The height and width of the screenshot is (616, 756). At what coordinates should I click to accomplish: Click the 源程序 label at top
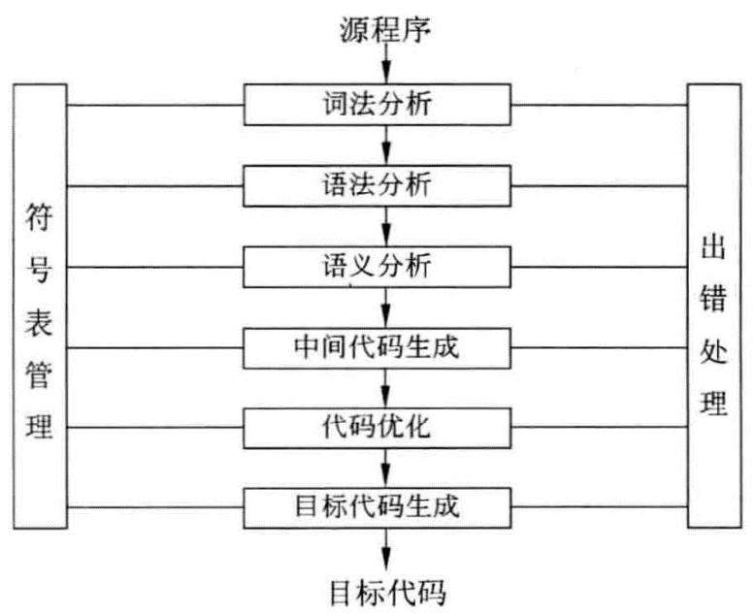coord(385,29)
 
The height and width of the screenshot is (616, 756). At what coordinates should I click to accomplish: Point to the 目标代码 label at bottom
coord(385,589)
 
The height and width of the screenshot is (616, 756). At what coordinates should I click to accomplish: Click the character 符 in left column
coord(39,221)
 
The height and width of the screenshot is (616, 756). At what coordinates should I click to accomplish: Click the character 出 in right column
coord(714,248)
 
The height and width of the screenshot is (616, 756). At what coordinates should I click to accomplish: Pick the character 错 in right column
coord(714,299)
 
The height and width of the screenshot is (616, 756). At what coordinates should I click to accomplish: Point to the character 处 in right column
coord(714,350)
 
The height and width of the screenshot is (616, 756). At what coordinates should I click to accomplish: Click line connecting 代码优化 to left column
coord(155,426)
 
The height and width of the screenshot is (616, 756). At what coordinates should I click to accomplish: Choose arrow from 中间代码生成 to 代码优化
coord(386,387)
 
